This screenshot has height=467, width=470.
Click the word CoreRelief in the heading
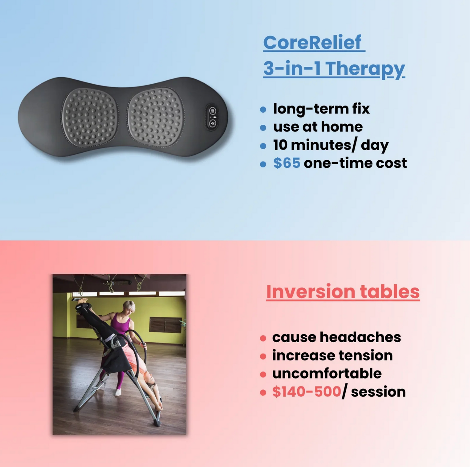coord(312,43)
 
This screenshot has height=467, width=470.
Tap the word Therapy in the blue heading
coord(365,69)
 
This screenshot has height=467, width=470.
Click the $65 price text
coord(287,163)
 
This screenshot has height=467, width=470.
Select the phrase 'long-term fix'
coord(321,109)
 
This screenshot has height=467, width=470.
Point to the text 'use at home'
coord(318,127)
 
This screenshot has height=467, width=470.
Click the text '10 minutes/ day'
coord(330,145)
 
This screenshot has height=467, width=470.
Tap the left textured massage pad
coord(89,117)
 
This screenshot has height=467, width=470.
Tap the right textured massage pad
coord(155,117)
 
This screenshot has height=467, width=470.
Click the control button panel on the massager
coord(212,117)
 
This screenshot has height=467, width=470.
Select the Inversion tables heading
coord(343,291)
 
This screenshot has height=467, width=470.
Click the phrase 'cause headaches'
coord(336,337)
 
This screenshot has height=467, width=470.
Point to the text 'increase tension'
coord(332,356)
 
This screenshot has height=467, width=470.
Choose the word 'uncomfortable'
coord(327,374)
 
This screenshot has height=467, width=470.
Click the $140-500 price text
coord(306,392)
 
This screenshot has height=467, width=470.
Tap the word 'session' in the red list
coord(378,392)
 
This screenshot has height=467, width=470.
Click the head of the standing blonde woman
coord(129,307)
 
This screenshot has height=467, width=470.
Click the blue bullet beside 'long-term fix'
coord(263,110)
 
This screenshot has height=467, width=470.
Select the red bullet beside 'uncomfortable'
coord(263,375)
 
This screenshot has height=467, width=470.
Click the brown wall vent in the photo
coord(165,325)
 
